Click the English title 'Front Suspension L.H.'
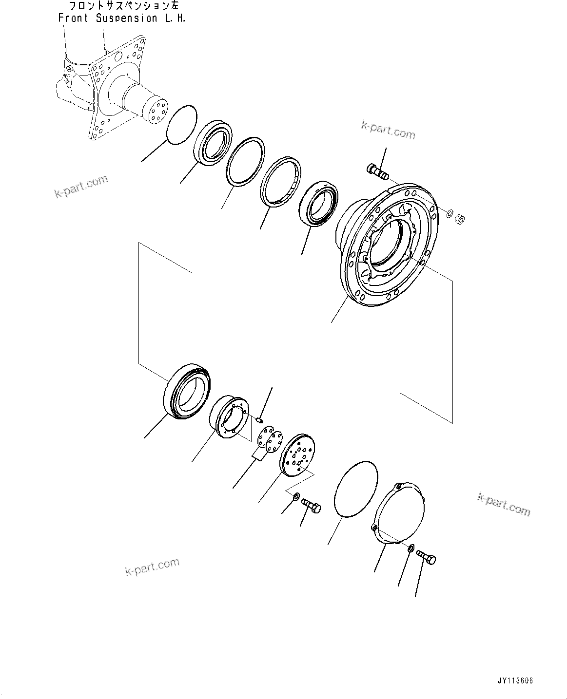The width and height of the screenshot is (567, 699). [x=121, y=19]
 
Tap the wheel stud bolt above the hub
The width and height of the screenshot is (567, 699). [x=377, y=171]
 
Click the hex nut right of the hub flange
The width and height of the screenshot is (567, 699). [x=459, y=220]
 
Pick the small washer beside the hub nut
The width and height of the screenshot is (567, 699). [x=450, y=213]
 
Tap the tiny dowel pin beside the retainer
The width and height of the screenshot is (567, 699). [x=260, y=418]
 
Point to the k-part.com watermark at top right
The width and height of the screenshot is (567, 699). [x=388, y=131]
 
